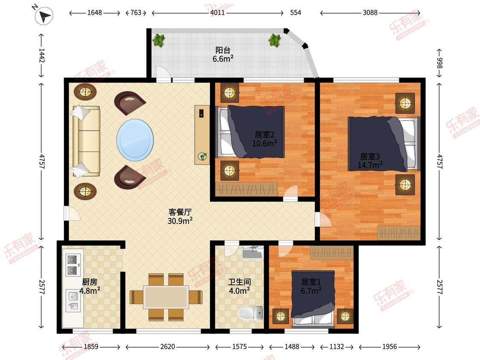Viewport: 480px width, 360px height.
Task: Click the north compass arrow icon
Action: [x=44, y=16]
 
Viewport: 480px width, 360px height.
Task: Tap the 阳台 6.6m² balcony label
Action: [x=223, y=55]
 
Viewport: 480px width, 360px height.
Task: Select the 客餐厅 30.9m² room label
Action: [x=180, y=216]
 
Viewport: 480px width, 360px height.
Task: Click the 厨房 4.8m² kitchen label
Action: [x=90, y=286]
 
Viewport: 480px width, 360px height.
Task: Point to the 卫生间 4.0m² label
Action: [x=239, y=286]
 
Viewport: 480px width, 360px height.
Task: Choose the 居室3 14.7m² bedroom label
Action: [x=370, y=161]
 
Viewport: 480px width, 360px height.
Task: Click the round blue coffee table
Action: [x=135, y=140]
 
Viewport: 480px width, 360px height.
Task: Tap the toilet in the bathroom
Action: [x=250, y=313]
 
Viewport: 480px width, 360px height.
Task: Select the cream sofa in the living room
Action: [x=86, y=141]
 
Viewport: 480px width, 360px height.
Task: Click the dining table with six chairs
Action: [x=166, y=297]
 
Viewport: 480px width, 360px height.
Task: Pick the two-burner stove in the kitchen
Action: [x=73, y=265]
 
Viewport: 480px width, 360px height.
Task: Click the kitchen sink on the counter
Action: [x=73, y=301]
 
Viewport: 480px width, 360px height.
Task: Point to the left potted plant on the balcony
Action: [x=159, y=40]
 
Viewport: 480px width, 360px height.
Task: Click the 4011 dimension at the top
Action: [x=217, y=13]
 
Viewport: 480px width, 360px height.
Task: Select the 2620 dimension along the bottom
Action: [x=167, y=346]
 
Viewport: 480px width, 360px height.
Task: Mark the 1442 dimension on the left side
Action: [x=42, y=55]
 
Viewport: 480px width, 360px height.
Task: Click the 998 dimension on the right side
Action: [x=439, y=63]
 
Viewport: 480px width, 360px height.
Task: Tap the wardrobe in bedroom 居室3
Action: [x=399, y=233]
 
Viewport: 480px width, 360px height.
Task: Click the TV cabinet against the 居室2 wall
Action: [x=202, y=135]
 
